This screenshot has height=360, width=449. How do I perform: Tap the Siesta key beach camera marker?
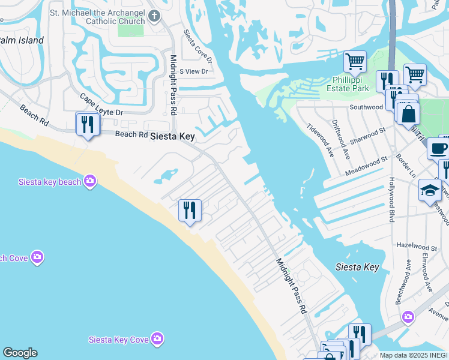(x=90, y=181)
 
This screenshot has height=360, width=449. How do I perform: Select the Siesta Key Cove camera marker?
(x=157, y=339)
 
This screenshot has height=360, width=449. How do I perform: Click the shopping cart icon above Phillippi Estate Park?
(x=355, y=61)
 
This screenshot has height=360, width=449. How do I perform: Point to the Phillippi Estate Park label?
(x=356, y=85)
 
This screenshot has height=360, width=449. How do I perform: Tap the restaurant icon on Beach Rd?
(x=88, y=124)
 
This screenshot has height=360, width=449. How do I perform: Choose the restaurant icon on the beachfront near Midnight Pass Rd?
(x=190, y=210)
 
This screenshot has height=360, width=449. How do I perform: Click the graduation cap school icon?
(x=430, y=190)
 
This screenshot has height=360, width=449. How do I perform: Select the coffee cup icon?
(x=438, y=148)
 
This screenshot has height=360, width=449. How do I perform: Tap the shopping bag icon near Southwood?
(x=408, y=113)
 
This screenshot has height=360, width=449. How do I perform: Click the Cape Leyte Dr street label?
(x=101, y=104)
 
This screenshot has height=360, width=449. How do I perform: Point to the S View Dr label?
(x=193, y=71)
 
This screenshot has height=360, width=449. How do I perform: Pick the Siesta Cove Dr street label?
(x=197, y=46)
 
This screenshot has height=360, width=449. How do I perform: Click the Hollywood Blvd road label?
(x=392, y=200)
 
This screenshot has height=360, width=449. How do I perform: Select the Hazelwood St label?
(x=417, y=247)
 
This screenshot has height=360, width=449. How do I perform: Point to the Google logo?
(x=20, y=353)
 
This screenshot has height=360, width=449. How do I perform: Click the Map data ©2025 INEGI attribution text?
(x=414, y=355)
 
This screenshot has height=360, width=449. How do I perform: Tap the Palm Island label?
(x=22, y=40)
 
